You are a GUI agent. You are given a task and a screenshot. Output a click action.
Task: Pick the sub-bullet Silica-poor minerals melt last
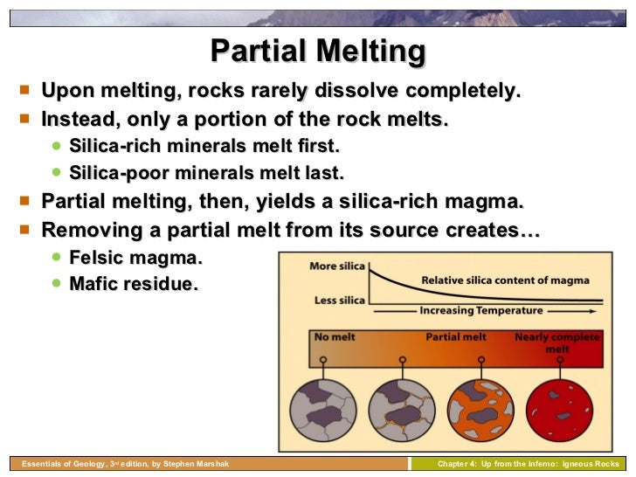[x=206, y=172]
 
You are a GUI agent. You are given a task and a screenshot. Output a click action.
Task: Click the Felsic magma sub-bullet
[x=135, y=258]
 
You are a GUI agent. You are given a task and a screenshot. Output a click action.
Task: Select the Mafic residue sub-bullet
[x=133, y=284]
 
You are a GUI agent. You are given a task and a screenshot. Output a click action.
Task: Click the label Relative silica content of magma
[x=505, y=280]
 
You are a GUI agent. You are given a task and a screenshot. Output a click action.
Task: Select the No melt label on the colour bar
[x=334, y=336]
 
